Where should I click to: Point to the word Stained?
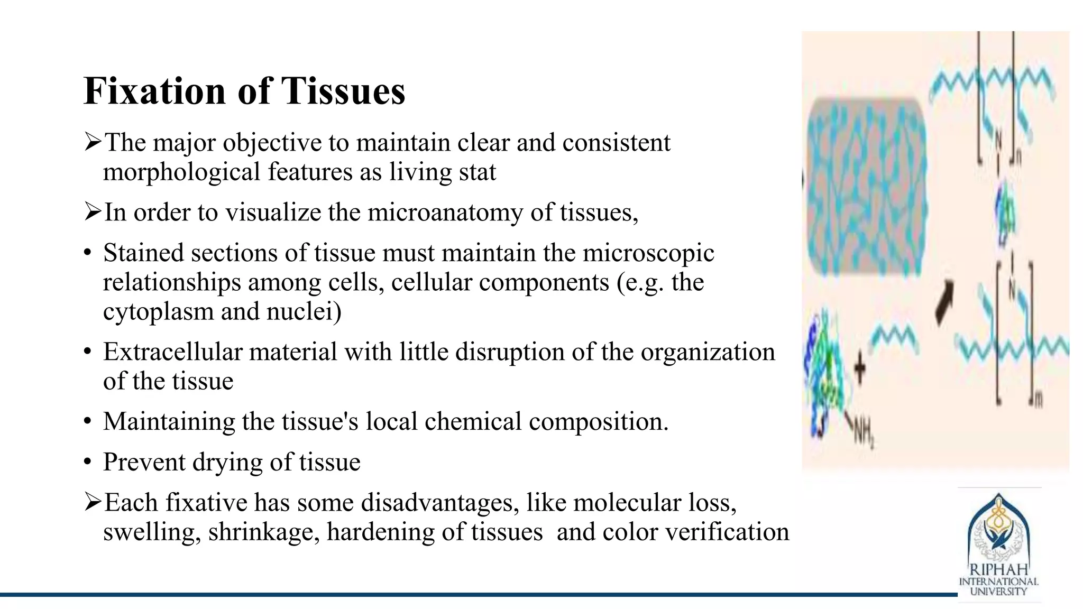143,253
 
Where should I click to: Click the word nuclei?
304,312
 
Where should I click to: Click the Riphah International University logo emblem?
998,529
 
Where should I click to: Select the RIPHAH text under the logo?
998,570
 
